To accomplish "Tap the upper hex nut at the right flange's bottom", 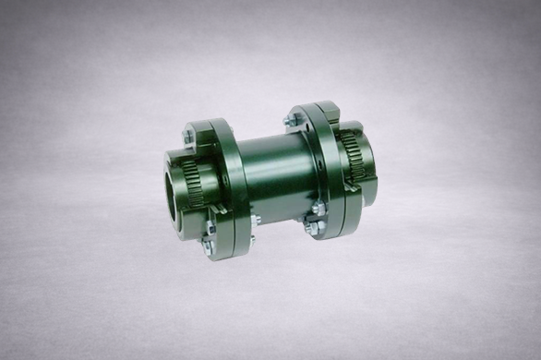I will click(x=316, y=210).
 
